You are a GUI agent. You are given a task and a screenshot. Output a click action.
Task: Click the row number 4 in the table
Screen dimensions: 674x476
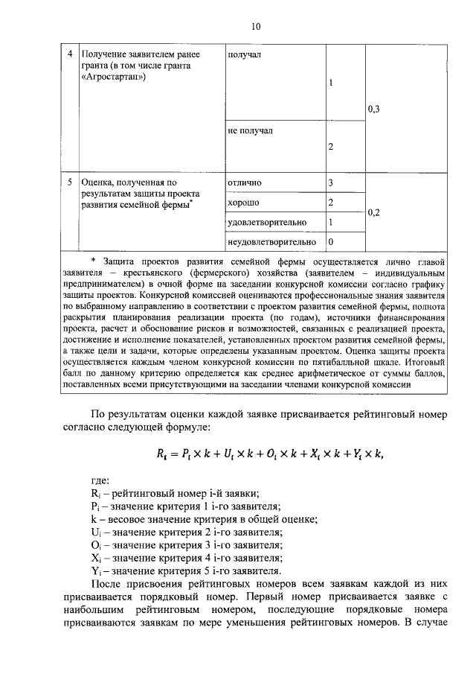(70, 54)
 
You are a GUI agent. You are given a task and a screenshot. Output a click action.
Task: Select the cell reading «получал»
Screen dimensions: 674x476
(244, 54)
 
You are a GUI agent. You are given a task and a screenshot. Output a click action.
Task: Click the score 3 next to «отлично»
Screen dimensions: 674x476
(330, 182)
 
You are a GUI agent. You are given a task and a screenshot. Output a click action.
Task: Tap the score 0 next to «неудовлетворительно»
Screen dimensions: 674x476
(330, 242)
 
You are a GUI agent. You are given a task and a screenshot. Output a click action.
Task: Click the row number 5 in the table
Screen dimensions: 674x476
(70, 182)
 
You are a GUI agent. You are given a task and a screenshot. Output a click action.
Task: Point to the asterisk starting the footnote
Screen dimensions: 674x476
(93, 260)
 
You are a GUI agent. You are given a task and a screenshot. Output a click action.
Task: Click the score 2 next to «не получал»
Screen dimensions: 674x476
(330, 147)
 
